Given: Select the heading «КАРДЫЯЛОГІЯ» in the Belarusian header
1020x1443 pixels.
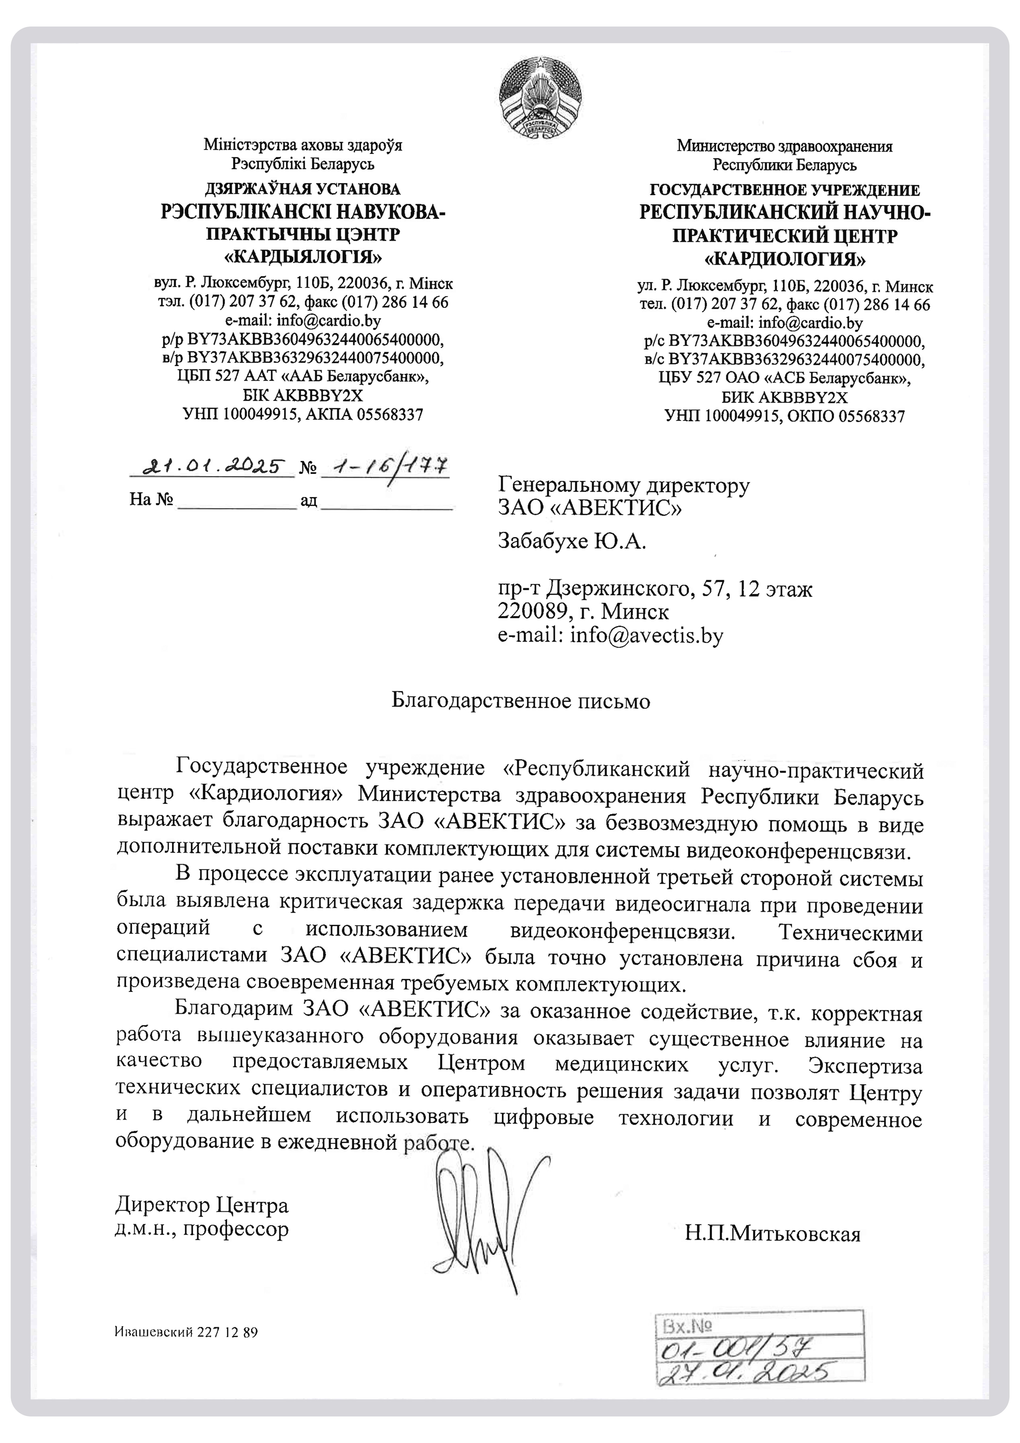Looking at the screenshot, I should point(303,257).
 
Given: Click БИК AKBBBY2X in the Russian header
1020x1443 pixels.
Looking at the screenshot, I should point(784,397).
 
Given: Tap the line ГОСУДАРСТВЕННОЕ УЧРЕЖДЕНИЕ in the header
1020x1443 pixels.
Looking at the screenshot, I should point(784,190).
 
